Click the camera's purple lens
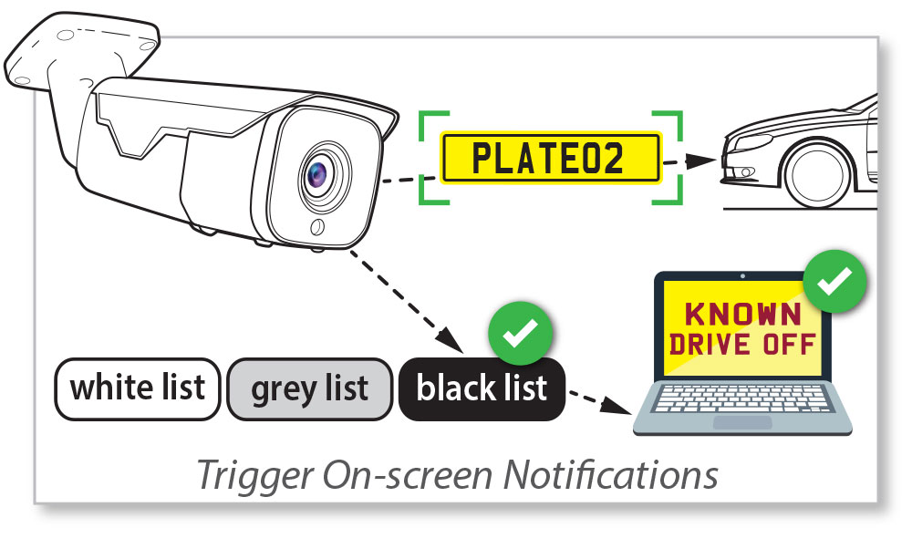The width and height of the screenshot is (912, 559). tap(318, 171)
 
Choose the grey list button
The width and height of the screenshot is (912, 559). tap(310, 388)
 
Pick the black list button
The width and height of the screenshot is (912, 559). tap(482, 388)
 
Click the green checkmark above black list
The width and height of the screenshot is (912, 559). tap(520, 335)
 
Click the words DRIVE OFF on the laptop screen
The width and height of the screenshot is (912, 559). tap(741, 346)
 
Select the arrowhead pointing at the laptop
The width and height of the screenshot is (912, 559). tap(623, 408)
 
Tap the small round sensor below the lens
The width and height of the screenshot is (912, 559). tap(318, 226)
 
